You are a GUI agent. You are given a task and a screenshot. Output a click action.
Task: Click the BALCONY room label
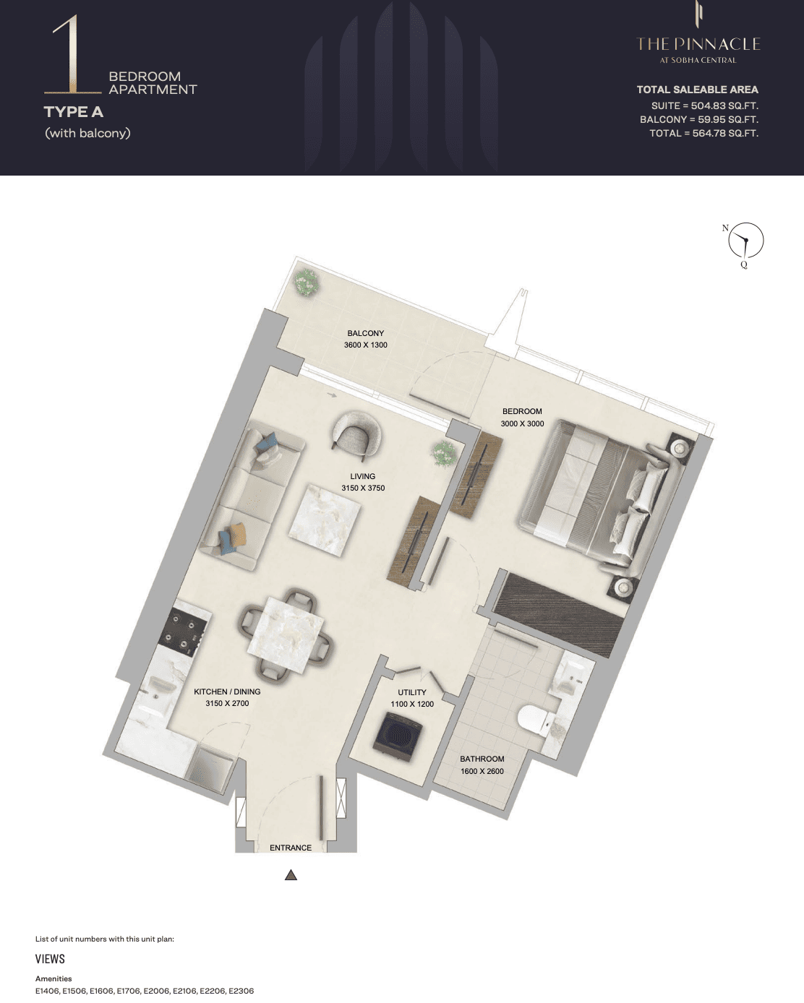coord(366,333)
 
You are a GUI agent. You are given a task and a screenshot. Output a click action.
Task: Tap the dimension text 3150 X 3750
coord(363,488)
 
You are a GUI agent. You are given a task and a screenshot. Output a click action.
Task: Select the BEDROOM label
coord(522,412)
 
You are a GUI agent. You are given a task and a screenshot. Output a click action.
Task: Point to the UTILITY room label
coord(412,692)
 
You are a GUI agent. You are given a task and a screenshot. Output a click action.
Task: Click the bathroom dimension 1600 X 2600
coord(482,771)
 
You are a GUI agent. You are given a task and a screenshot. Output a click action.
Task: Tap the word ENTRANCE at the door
coord(291,848)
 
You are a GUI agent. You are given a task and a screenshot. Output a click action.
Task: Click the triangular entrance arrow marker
coord(291,875)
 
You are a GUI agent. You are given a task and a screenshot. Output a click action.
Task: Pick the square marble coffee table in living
coord(325,520)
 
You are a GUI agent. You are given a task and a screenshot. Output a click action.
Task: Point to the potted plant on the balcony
coord(305,282)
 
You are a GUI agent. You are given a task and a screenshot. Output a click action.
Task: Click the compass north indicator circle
coord(745,241)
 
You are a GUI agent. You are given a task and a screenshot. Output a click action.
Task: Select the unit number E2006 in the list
coord(156,991)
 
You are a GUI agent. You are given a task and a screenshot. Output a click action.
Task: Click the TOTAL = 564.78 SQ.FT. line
coord(703,133)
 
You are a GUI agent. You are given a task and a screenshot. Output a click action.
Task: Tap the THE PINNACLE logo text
coord(698,44)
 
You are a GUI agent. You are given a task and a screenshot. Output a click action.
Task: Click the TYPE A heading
coord(74,112)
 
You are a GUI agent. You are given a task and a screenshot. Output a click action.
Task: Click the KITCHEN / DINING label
coord(227,692)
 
